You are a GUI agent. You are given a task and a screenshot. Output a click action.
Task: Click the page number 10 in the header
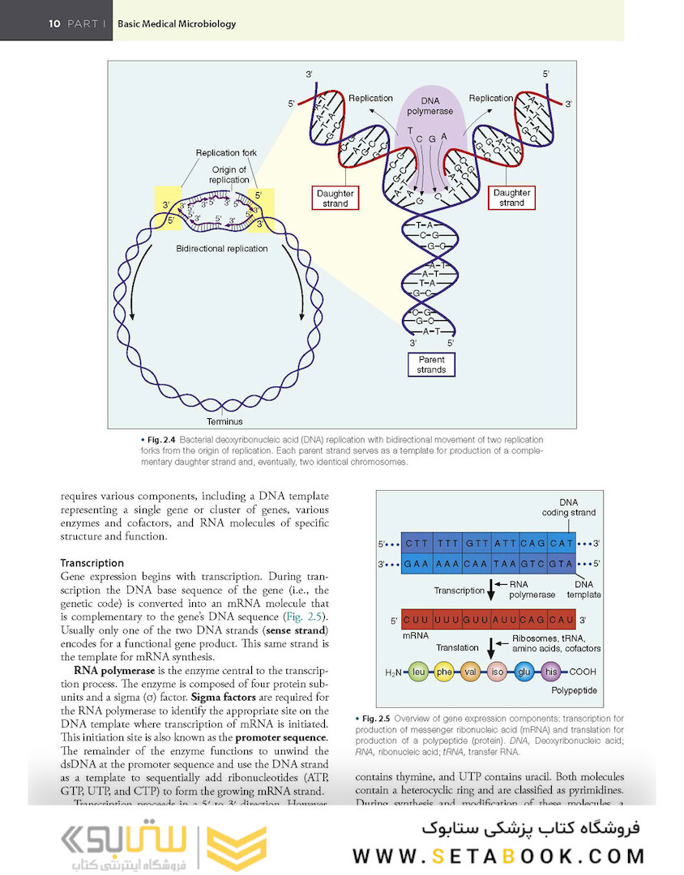click(54, 23)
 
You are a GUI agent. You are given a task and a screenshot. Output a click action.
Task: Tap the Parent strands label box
click(431, 365)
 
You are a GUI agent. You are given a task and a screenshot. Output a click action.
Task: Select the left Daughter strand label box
click(335, 198)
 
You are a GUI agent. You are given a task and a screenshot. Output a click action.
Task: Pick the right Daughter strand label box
click(511, 198)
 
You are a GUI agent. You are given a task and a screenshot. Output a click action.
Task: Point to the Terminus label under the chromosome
click(224, 421)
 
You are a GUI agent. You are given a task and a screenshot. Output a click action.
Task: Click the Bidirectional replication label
click(222, 249)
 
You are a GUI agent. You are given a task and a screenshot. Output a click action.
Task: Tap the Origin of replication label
click(229, 174)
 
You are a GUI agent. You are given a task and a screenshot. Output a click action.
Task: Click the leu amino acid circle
click(419, 672)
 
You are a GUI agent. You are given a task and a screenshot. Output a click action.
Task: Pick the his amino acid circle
click(552, 672)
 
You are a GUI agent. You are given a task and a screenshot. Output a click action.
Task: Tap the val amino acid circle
click(471, 672)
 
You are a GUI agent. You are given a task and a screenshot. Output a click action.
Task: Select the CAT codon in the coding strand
click(561, 543)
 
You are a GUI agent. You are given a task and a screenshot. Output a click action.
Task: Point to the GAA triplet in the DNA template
click(417, 562)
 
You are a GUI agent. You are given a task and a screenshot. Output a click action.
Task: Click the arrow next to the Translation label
click(490, 649)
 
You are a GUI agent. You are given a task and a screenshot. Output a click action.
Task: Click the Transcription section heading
click(92, 563)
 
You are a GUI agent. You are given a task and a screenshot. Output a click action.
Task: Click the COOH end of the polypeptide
click(583, 672)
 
